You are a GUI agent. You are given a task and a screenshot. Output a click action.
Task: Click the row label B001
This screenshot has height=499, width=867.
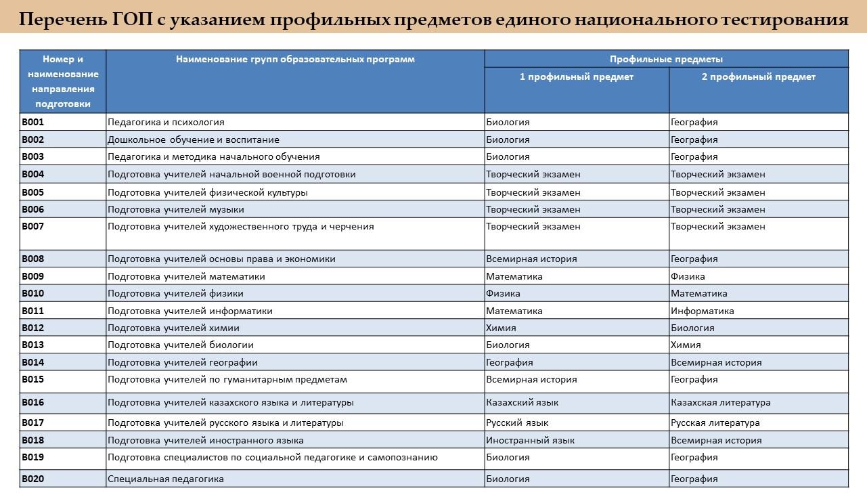pyautogui.click(x=32, y=123)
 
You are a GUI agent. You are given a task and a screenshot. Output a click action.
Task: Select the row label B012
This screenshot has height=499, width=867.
pyautogui.click(x=32, y=328)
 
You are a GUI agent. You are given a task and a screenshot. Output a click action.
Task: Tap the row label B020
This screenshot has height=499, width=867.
pyautogui.click(x=32, y=479)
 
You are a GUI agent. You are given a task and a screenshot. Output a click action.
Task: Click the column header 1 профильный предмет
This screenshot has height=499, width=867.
pyautogui.click(x=576, y=77)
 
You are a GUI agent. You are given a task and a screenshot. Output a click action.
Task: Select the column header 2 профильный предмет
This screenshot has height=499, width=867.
pyautogui.click(x=758, y=77)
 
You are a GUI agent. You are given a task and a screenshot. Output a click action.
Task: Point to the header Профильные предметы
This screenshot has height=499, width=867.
pyautogui.click(x=666, y=59)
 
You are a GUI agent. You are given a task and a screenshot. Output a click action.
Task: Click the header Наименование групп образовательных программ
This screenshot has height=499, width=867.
pyautogui.click(x=295, y=59)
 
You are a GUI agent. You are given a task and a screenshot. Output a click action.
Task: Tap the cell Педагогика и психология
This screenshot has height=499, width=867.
pyautogui.click(x=166, y=123)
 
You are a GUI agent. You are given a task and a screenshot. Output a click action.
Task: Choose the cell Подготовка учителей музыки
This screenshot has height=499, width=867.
pyautogui.click(x=176, y=210)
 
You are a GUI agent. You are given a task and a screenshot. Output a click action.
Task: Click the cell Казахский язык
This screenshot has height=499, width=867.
pyautogui.click(x=522, y=403)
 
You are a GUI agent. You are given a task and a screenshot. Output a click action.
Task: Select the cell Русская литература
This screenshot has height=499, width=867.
pyautogui.click(x=715, y=423)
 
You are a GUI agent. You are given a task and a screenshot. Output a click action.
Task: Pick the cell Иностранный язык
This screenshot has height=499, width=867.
pyautogui.click(x=530, y=441)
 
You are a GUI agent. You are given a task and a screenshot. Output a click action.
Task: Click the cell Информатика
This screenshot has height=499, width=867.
pyautogui.click(x=702, y=311)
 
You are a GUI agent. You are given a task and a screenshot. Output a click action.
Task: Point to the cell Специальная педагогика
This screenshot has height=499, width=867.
pyautogui.click(x=166, y=479)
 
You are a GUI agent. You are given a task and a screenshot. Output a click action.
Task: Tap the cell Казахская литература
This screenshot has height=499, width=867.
pyautogui.click(x=720, y=403)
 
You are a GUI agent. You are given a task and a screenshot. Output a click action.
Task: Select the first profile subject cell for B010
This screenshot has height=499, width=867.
pyautogui.click(x=503, y=294)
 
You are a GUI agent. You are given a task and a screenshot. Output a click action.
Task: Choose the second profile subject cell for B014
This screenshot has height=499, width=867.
pyautogui.click(x=715, y=363)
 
